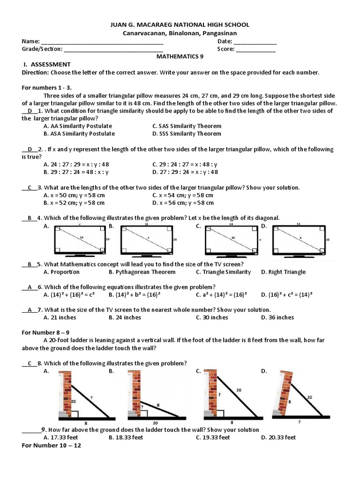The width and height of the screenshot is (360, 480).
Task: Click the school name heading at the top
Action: pos(180,24)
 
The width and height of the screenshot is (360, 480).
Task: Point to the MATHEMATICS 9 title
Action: pos(180,56)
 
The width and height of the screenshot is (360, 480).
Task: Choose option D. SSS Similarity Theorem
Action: pos(187,134)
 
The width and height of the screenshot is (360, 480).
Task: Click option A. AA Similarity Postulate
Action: pos(77,126)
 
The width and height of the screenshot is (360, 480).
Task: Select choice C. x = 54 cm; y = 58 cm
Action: pos(183,195)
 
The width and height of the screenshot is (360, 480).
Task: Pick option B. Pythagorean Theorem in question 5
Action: pos(142,272)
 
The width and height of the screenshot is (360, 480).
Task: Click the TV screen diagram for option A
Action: pos(78,240)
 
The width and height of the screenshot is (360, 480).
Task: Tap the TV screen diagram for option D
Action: pos(296,240)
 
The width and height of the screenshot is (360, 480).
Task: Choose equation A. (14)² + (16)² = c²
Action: pos(69,294)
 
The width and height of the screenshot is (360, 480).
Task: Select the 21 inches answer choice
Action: pos(60,317)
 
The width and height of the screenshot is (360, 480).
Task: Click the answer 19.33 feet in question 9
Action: pos(213,437)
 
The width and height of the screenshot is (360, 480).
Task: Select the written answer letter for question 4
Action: pos(30,218)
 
